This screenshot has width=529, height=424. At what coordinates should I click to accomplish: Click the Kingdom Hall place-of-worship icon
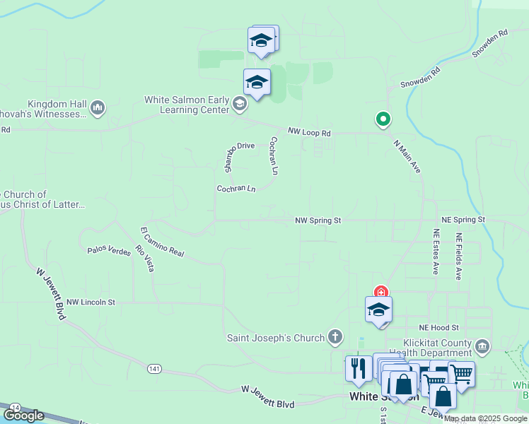[x=98, y=108]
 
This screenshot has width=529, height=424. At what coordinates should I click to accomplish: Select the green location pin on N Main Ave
[x=383, y=119]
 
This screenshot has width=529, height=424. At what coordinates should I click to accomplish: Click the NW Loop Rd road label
[x=309, y=132]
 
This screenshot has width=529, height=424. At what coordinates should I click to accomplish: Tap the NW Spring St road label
[x=318, y=220]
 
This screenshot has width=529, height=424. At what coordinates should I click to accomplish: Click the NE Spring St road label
[x=463, y=220]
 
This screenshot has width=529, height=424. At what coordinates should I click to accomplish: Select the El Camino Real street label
[x=162, y=242]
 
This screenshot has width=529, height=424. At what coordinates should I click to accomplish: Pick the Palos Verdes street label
[x=109, y=250]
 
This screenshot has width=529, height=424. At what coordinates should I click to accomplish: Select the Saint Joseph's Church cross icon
[x=335, y=338]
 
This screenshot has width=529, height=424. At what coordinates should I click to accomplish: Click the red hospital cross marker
[x=381, y=292]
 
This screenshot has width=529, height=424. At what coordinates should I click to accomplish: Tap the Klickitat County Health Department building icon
[x=482, y=346]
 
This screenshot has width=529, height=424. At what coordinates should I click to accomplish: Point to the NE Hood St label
[x=438, y=328]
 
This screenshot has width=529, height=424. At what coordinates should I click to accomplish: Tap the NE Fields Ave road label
[x=459, y=256]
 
